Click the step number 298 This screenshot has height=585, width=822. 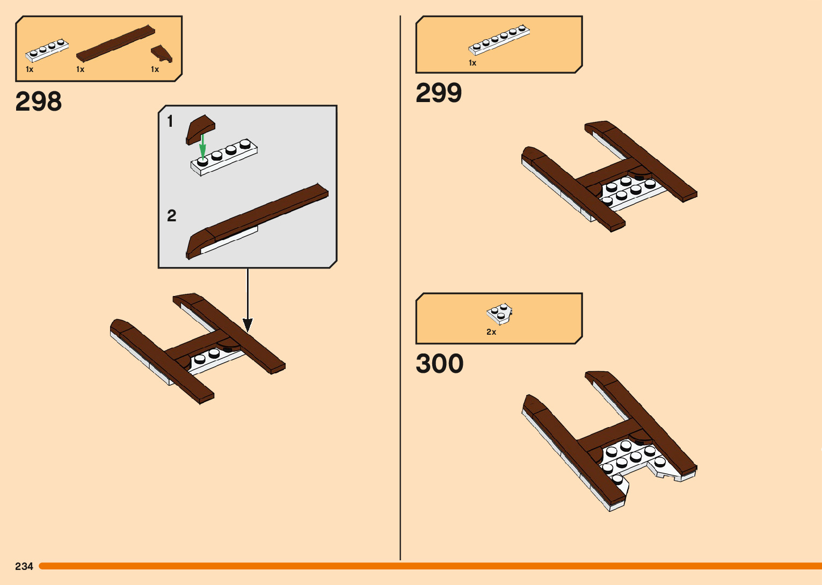pos(39,102)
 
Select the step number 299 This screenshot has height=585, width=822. pos(439,93)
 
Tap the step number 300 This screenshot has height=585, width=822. pos(439,364)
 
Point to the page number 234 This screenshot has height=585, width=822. pos(24,566)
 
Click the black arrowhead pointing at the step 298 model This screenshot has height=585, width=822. pos(248,324)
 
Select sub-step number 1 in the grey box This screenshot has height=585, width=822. pos(170,121)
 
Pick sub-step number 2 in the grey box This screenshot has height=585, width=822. pos(171,216)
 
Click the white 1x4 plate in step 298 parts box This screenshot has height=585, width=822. pos(47,50)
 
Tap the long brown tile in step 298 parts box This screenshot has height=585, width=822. pos(115,43)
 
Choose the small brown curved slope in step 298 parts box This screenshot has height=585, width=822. pos(161,53)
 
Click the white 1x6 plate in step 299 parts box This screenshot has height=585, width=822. pos(499,40)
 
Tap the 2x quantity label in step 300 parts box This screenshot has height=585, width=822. pos(491,332)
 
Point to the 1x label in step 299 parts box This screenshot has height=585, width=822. pos(472,63)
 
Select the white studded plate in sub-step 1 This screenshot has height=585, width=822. pos(224,157)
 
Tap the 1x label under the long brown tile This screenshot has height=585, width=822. pos(81,69)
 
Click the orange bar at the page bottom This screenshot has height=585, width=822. pos(430,566)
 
